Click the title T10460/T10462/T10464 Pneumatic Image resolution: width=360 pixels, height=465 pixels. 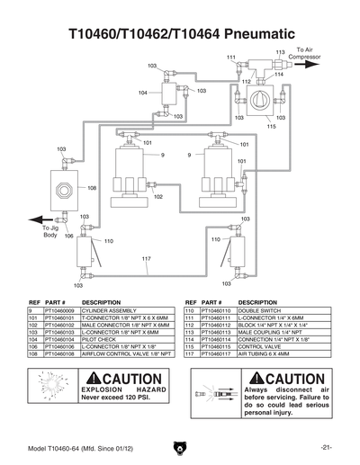180,34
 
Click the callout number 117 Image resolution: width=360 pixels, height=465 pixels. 146,259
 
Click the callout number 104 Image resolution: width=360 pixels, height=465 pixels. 143,93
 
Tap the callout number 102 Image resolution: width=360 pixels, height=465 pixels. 158,196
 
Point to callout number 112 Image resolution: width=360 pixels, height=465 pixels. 245,82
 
